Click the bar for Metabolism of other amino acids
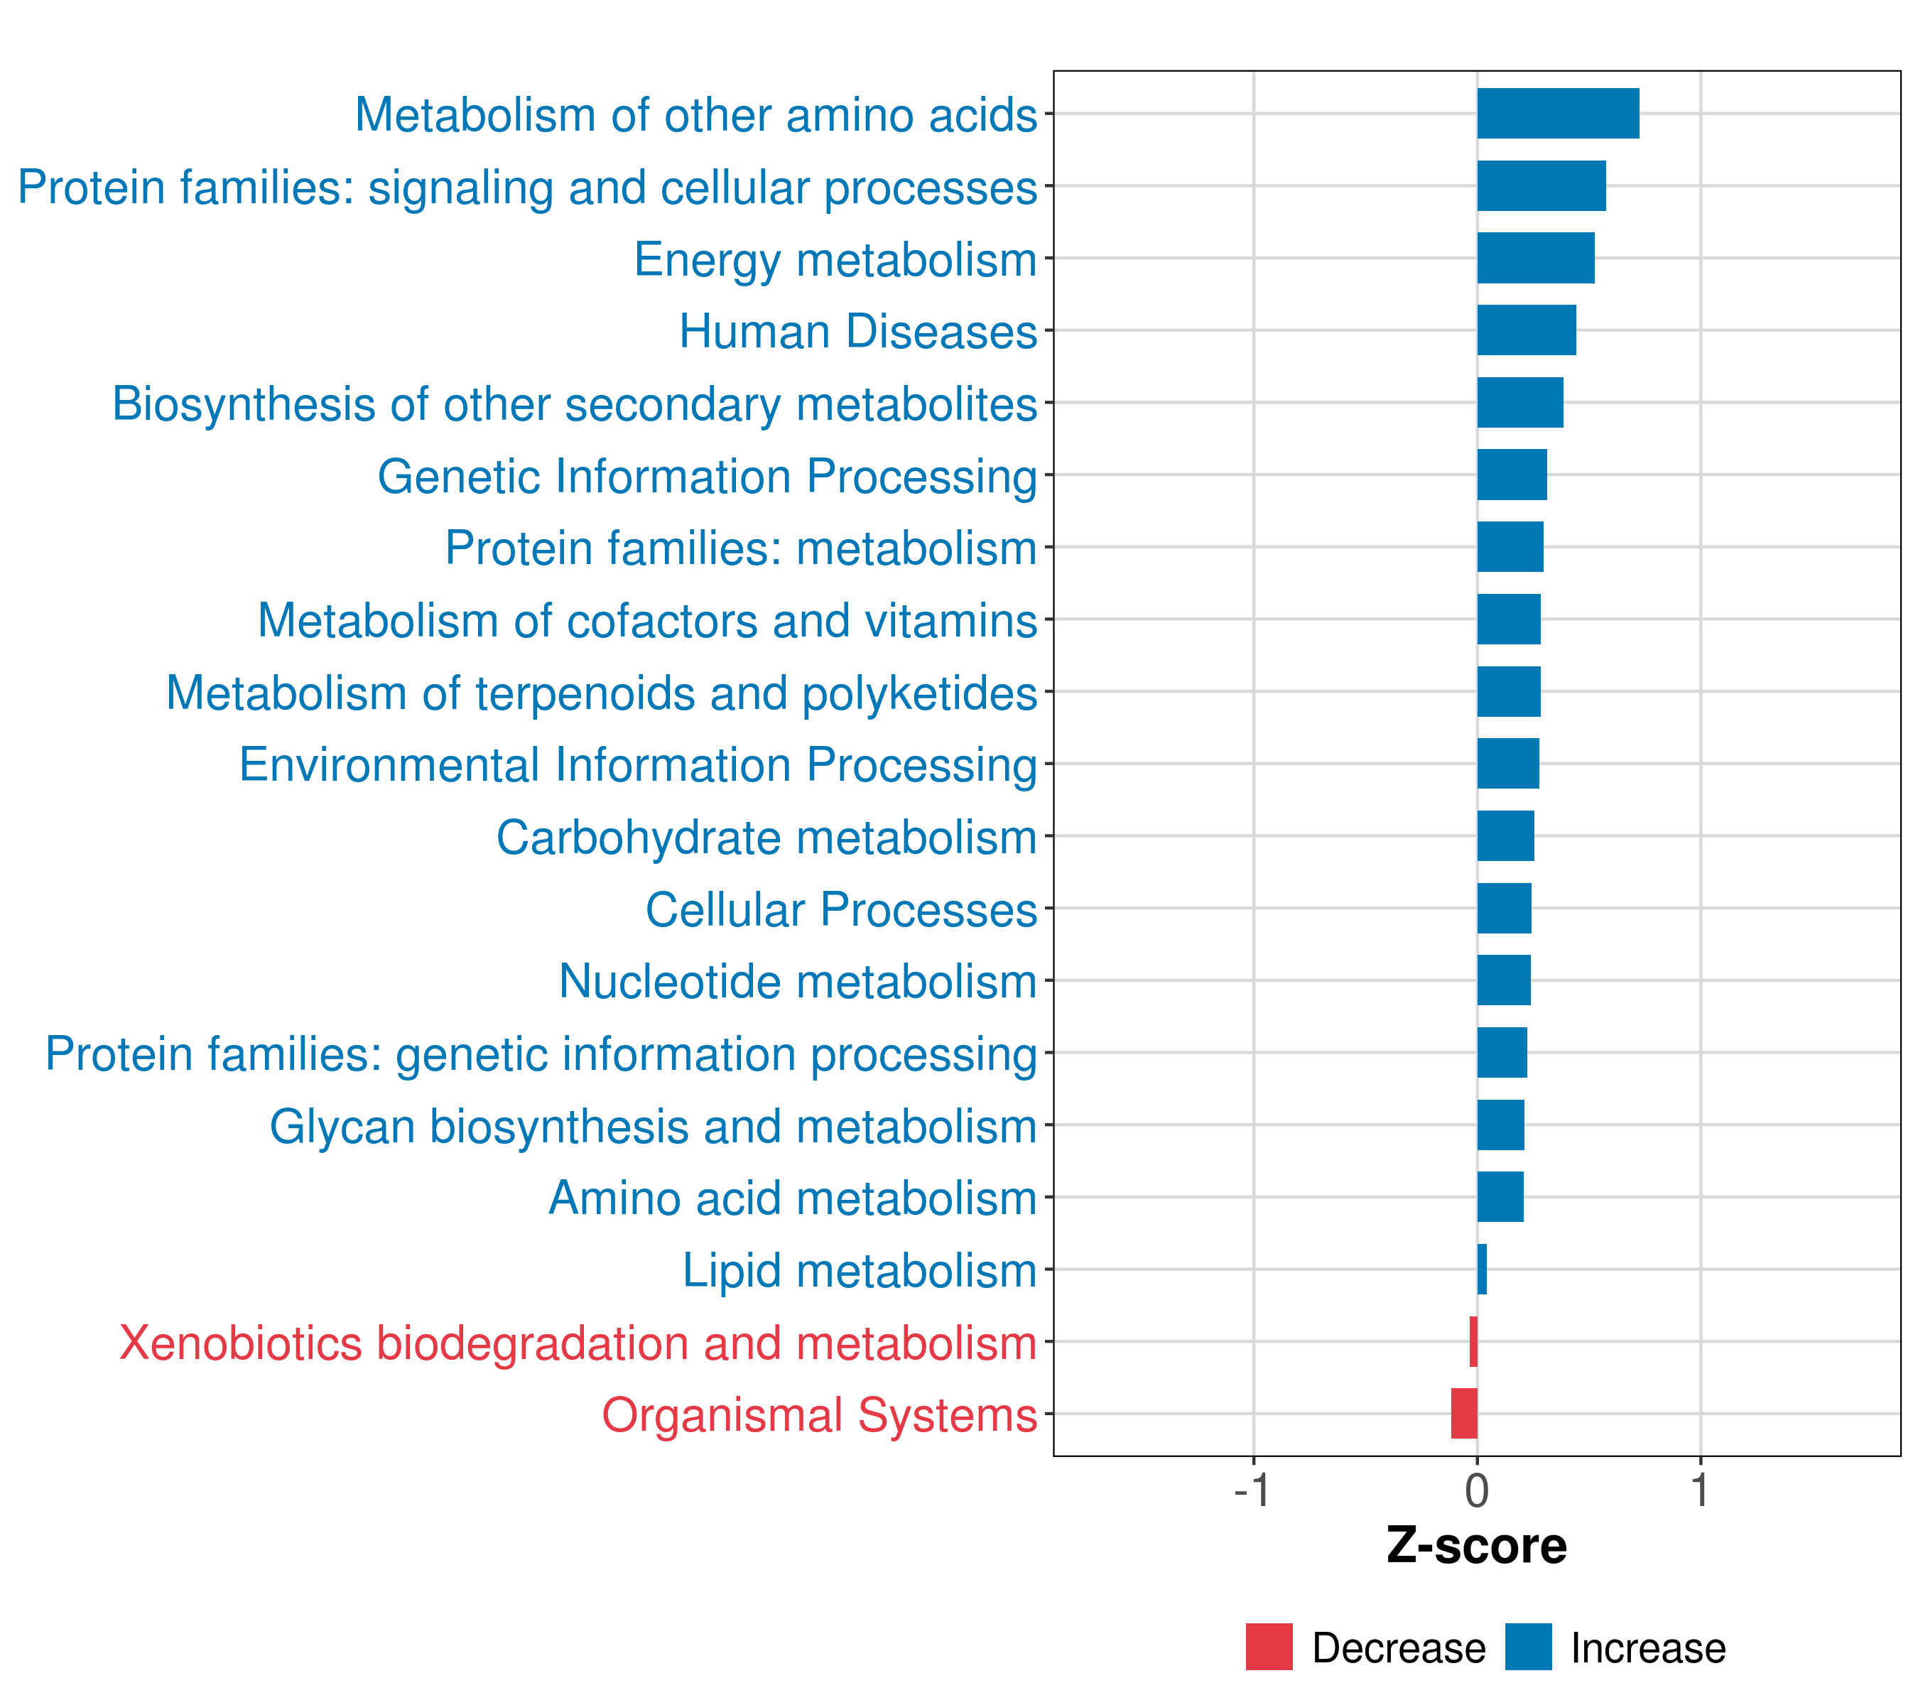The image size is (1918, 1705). (x=1558, y=114)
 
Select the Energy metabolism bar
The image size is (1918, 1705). (x=1535, y=258)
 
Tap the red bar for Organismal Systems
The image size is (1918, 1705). (x=1464, y=1413)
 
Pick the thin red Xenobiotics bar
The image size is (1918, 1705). (x=1473, y=1341)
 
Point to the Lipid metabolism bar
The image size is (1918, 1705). (x=1482, y=1269)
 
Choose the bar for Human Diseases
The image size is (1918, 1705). (x=1526, y=330)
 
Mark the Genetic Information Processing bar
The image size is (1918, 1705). (x=1512, y=475)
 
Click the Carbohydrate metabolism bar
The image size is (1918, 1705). (x=1505, y=836)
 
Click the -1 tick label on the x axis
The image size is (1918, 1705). (x=1252, y=1490)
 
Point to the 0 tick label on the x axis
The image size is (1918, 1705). (x=1477, y=1490)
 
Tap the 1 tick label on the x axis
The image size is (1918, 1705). (x=1699, y=1490)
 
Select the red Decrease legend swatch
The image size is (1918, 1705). (x=1269, y=1647)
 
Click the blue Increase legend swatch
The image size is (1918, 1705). (x=1527, y=1647)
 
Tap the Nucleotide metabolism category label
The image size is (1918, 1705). (x=798, y=982)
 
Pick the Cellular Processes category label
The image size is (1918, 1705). (x=841, y=909)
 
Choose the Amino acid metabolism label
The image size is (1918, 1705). (x=792, y=1198)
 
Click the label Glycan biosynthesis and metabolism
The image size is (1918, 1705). (x=653, y=1126)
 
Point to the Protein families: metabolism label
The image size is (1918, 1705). (x=740, y=548)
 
